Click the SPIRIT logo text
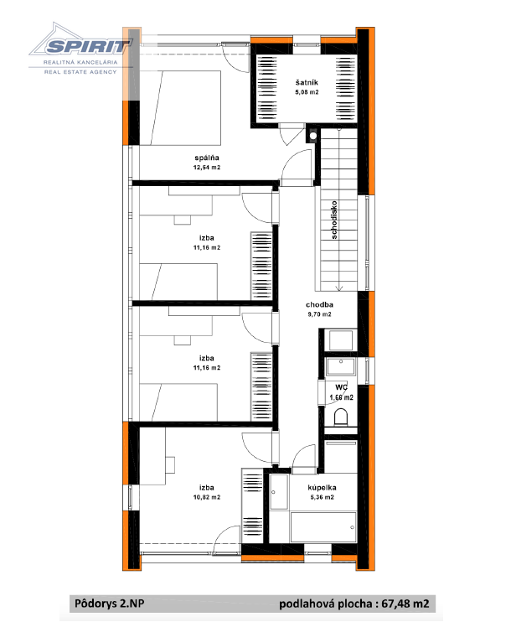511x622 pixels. pyautogui.click(x=86, y=47)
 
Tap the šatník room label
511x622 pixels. pyautogui.click(x=307, y=82)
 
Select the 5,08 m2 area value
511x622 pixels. pyautogui.click(x=307, y=92)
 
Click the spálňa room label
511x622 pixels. pyautogui.click(x=207, y=158)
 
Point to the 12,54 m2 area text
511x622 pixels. pyautogui.click(x=207, y=168)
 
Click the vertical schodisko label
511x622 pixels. pyautogui.click(x=334, y=220)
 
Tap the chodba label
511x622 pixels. pyautogui.click(x=319, y=304)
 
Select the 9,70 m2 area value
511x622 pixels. pyautogui.click(x=319, y=314)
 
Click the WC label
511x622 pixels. pyautogui.click(x=341, y=387)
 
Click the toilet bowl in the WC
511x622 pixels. pyautogui.click(x=341, y=417)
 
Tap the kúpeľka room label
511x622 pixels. pyautogui.click(x=323, y=488)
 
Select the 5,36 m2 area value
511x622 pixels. pyautogui.click(x=323, y=497)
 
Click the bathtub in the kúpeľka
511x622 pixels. pyautogui.click(x=323, y=526)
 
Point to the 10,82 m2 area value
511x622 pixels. pyautogui.click(x=207, y=497)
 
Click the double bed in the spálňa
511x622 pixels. pyautogui.click(x=180, y=107)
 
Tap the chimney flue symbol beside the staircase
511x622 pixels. pyautogui.click(x=313, y=136)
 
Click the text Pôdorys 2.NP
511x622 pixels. pyautogui.click(x=110, y=604)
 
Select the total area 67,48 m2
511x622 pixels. pyautogui.click(x=405, y=604)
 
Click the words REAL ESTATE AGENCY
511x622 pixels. pyautogui.click(x=80, y=72)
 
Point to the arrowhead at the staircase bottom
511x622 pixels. pyautogui.click(x=339, y=288)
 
